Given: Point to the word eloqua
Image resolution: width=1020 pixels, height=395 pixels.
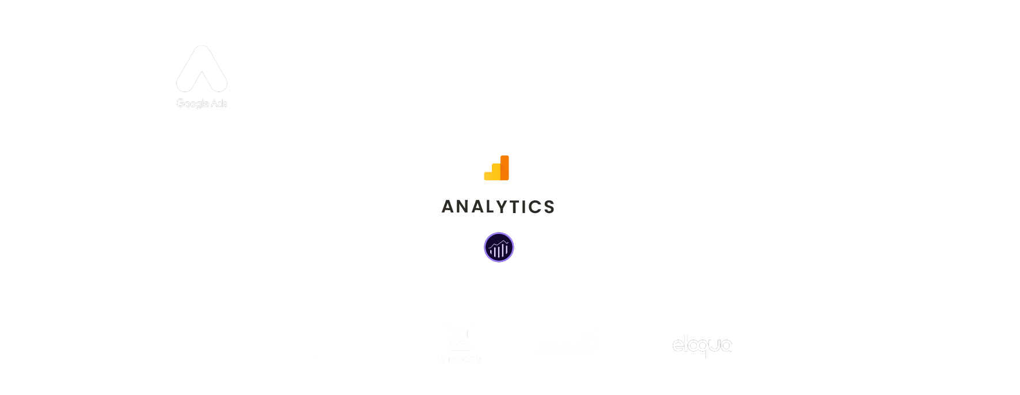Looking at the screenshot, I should coord(703,345).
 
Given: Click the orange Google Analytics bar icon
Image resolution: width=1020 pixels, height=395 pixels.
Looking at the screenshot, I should coord(497,168).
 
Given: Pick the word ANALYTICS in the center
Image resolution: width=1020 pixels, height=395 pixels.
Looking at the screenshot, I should coord(498,207).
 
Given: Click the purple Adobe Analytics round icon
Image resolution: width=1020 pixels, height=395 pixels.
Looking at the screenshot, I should coord(499,248).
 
